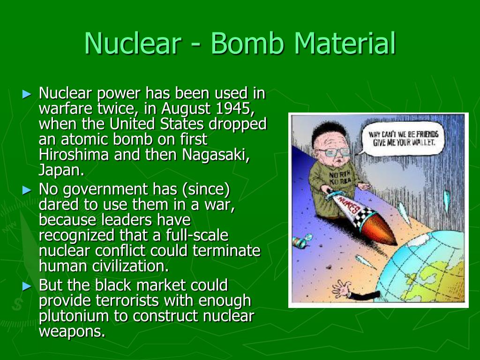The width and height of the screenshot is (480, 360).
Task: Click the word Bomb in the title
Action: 247,43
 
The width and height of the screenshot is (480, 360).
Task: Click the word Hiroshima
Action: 74,154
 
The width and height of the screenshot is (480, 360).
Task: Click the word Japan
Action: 61,171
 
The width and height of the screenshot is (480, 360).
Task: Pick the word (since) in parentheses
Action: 206,189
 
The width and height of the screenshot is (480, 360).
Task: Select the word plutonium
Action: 74,316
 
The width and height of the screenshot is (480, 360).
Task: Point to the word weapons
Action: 72,332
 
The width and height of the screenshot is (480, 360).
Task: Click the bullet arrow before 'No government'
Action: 27,190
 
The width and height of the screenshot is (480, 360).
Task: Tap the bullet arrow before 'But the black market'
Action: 27,286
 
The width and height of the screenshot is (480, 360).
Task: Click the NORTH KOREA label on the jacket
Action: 340,178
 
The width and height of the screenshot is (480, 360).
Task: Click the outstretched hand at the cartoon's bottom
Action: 341,289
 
